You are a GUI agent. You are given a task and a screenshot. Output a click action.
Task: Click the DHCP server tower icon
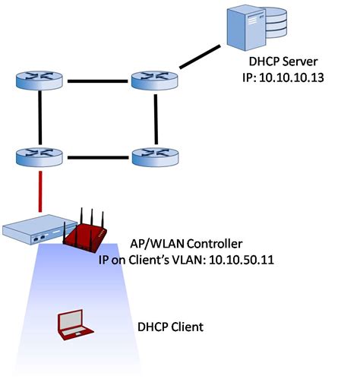point(246,29)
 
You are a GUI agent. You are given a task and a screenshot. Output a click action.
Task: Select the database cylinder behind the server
point(276,23)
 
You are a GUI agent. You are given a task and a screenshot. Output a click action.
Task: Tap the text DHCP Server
point(283,62)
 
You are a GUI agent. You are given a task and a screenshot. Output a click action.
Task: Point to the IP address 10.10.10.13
point(292,77)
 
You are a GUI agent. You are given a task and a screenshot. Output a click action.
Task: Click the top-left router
point(39,80)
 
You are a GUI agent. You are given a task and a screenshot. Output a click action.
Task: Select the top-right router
point(155,80)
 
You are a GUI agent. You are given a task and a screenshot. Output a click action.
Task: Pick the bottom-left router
point(39,157)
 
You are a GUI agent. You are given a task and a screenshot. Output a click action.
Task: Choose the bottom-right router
point(155,157)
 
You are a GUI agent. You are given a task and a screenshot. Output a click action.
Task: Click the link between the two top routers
point(97,81)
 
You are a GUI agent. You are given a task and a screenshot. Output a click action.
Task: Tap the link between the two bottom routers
point(98,157)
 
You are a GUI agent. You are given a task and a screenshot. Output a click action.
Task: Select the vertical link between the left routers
point(39,118)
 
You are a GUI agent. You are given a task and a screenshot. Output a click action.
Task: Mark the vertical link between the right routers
point(156,119)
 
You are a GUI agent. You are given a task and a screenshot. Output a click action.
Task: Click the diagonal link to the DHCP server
point(200,57)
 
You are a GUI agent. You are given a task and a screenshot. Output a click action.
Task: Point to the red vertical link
point(40,191)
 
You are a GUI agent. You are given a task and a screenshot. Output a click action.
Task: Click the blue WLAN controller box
point(39,229)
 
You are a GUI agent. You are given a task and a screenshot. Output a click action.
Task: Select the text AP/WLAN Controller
point(186,244)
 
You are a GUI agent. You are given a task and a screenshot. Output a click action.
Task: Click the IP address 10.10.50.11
point(242,260)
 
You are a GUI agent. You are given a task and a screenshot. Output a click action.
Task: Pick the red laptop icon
point(75,325)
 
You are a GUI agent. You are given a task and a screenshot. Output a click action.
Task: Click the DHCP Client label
point(170,327)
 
